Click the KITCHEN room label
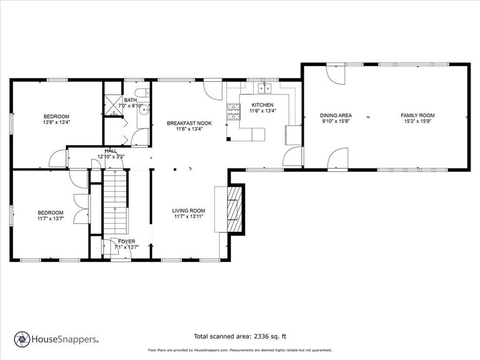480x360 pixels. (x=262, y=105)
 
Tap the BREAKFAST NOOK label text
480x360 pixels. (x=189, y=123)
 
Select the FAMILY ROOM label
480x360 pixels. (x=417, y=115)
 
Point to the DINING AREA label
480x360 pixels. (x=336, y=115)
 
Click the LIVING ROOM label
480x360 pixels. (x=188, y=211)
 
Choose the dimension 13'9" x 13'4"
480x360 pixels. (x=56, y=122)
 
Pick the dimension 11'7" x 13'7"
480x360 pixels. (x=50, y=218)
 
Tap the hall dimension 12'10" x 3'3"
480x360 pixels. (x=111, y=157)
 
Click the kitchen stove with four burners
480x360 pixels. (x=233, y=112)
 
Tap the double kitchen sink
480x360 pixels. (x=265, y=88)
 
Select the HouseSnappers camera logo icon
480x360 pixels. (x=22, y=339)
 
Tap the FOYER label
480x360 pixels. (x=127, y=241)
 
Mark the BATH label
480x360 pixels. (x=130, y=100)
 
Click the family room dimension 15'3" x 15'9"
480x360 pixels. (x=417, y=121)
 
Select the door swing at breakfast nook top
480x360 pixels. (x=212, y=89)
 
